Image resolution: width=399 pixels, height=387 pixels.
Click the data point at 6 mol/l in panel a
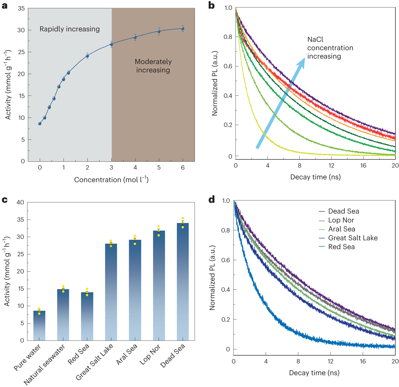[183, 29]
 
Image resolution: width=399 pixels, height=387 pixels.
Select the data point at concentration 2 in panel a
[87, 56]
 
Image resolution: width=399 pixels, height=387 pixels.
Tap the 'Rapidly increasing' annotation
[69, 29]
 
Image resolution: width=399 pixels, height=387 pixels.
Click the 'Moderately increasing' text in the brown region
[153, 66]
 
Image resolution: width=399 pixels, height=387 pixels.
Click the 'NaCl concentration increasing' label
[330, 48]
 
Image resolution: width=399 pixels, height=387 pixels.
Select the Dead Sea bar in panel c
[183, 281]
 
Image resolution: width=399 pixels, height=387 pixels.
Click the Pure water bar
[39, 325]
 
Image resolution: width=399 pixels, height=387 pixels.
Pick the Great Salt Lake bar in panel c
[111, 292]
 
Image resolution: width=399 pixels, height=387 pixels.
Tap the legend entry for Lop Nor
[341, 220]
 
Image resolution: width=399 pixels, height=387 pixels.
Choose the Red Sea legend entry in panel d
[341, 247]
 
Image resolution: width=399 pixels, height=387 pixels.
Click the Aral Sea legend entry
[341, 229]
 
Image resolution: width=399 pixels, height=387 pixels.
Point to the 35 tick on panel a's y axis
[21, 9]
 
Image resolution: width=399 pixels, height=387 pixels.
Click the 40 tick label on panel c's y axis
[20, 202]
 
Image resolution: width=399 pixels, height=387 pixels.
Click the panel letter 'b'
[211, 6]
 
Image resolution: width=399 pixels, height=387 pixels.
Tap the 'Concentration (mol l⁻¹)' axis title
[111, 180]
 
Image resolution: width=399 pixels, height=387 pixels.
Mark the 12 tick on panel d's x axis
[330, 361]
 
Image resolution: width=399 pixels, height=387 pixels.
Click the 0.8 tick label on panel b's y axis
[228, 37]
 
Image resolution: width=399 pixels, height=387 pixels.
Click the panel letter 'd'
[212, 200]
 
